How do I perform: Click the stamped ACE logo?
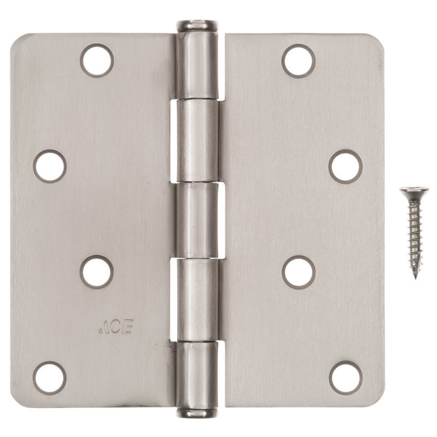[x=115, y=327]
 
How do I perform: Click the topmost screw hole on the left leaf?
[x=97, y=60]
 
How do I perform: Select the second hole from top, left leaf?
[x=50, y=166]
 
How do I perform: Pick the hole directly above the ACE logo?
[x=97, y=271]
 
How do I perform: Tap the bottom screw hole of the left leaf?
[x=50, y=377]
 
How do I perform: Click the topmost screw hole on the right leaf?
[x=298, y=60]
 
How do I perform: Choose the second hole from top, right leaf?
[x=345, y=166]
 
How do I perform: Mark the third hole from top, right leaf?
[x=298, y=271]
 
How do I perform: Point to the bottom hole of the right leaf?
[x=345, y=377]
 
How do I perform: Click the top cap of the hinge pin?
[x=197, y=25]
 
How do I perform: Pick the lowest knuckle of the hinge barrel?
[x=197, y=374]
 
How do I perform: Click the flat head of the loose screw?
[x=414, y=191]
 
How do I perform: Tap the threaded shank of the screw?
[x=415, y=235]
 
